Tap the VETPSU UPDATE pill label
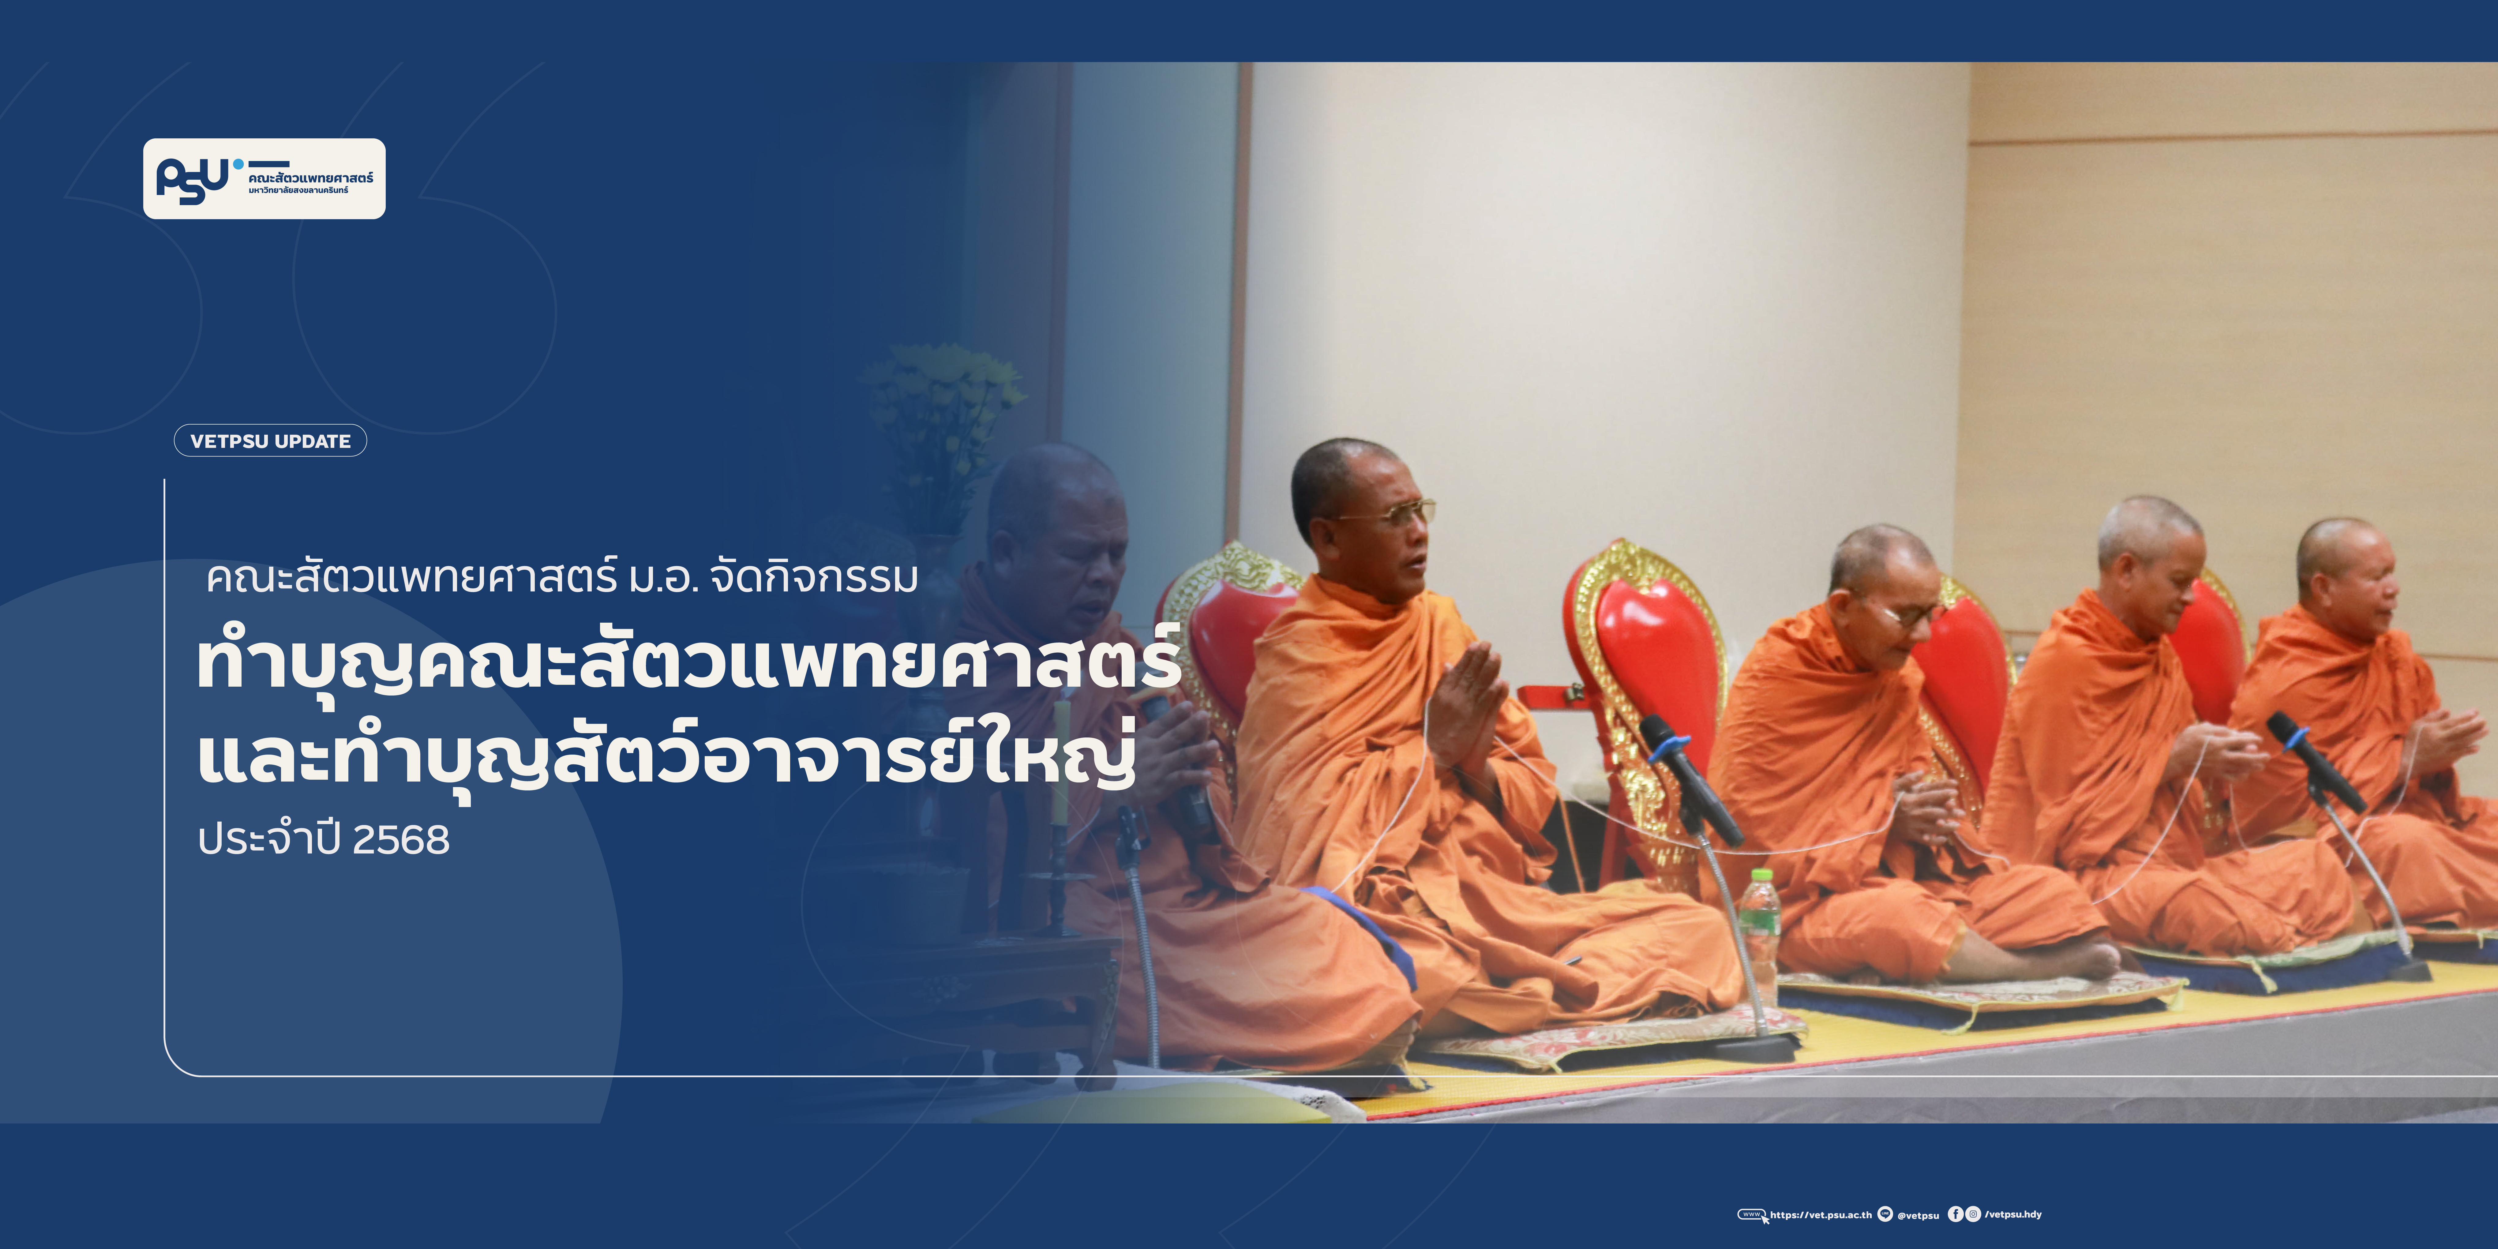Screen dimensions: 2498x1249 pos(271,440)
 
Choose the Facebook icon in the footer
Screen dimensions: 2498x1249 pos(1956,1214)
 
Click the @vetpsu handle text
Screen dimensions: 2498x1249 pos(1918,1215)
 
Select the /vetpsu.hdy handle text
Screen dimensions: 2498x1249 pos(2013,1214)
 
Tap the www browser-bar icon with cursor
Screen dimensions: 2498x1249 pos(1753,1216)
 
